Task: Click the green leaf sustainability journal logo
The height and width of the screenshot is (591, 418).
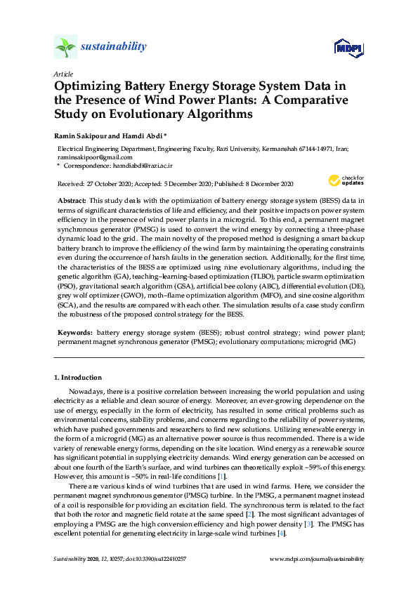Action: (x=65, y=48)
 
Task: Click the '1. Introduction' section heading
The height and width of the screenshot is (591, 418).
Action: (x=78, y=378)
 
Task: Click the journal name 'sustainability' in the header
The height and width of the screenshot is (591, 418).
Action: (x=115, y=46)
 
